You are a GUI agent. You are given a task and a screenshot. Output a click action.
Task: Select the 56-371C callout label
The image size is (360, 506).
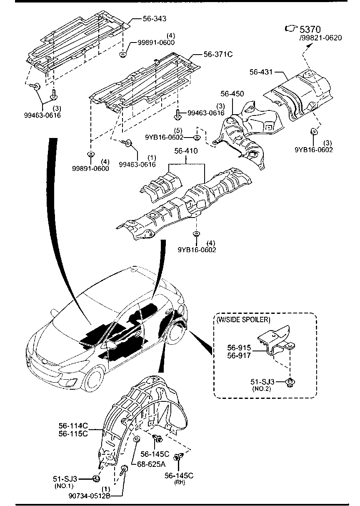pos(217,54)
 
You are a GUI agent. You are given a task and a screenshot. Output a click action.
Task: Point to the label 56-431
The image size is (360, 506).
pos(261,72)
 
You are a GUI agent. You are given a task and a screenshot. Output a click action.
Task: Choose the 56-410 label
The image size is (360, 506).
pos(186,151)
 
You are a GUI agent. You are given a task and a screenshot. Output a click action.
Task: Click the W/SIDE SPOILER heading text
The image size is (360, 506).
pos(243,320)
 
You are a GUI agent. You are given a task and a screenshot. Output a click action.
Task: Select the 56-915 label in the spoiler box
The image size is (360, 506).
pos(239,347)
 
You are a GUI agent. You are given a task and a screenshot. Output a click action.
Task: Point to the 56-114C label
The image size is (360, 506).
pos(73,426)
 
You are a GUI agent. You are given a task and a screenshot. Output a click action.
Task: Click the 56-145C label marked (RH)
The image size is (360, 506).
pos(179,476)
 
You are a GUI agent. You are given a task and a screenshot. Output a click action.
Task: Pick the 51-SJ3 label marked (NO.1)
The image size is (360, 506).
pos(66,479)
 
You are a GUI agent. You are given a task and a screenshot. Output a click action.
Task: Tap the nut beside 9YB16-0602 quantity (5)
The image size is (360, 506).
pos(197,137)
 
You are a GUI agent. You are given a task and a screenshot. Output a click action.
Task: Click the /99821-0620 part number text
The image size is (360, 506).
pos(320,38)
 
